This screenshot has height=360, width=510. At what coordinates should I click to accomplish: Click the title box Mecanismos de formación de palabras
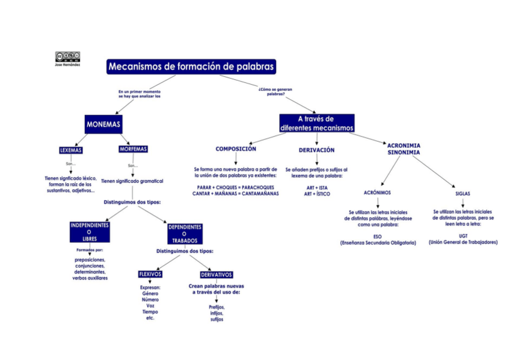tap(191, 66)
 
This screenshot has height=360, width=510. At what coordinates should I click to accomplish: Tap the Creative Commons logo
tap(67, 56)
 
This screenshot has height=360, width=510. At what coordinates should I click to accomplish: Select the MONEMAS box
tap(103, 125)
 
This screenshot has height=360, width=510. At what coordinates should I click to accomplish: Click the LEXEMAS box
tap(71, 150)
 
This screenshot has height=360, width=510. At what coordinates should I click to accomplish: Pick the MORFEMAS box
tap(133, 149)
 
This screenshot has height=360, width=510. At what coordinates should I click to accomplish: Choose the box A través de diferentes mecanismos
tap(316, 123)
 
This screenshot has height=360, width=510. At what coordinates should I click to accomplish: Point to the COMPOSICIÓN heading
tap(236, 149)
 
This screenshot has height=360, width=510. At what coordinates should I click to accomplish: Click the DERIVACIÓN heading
tap(316, 150)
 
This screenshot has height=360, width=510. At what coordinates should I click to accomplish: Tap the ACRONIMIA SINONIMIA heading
tap(404, 149)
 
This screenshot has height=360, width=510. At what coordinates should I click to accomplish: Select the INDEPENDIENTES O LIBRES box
tap(90, 232)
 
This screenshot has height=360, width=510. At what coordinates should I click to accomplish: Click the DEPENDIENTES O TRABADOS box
tap(185, 234)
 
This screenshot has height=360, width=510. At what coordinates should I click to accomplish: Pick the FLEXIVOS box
tap(150, 274)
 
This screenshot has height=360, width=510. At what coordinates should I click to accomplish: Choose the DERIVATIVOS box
tap(217, 275)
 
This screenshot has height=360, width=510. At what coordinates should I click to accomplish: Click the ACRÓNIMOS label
tap(378, 193)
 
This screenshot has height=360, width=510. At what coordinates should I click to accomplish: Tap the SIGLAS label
tap(462, 194)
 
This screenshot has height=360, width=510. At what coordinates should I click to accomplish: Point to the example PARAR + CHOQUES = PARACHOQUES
tap(235, 188)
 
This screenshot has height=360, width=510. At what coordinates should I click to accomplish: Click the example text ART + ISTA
tap(316, 188)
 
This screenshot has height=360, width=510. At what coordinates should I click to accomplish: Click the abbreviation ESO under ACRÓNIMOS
tap(378, 236)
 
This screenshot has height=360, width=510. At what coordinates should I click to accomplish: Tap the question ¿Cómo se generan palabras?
tap(275, 92)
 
